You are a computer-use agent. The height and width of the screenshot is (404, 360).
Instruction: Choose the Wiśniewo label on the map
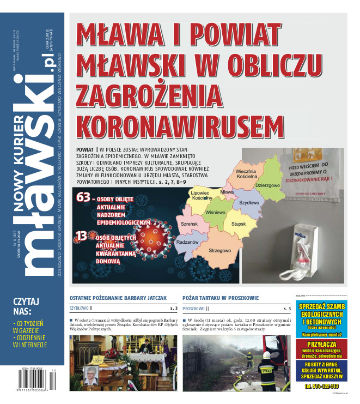(216, 213)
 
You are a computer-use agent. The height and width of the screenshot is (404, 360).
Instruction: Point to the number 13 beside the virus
(81, 237)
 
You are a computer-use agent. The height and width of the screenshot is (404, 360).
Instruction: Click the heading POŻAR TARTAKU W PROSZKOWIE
(221, 298)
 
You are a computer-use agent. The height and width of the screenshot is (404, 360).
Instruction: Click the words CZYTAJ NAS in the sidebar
(26, 306)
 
